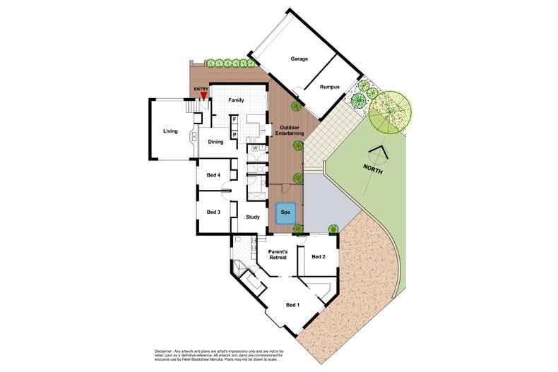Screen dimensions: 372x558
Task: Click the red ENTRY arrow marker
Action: [203, 97]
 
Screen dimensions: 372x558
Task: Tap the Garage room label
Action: [299, 59]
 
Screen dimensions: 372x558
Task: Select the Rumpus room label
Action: [331, 87]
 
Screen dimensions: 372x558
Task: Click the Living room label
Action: [170, 131]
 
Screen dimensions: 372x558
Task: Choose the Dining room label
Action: [215, 142]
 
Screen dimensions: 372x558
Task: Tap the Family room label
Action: [236, 100]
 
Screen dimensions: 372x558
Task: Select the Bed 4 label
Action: [214, 175]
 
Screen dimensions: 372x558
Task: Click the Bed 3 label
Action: [214, 212]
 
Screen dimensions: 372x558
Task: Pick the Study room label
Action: [253, 217]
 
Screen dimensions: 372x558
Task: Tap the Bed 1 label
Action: [292, 304]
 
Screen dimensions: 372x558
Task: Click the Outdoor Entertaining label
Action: [287, 130]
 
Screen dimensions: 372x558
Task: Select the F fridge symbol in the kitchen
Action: [234, 119]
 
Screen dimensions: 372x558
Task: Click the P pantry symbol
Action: [234, 133]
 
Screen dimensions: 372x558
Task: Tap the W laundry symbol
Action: [254, 148]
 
